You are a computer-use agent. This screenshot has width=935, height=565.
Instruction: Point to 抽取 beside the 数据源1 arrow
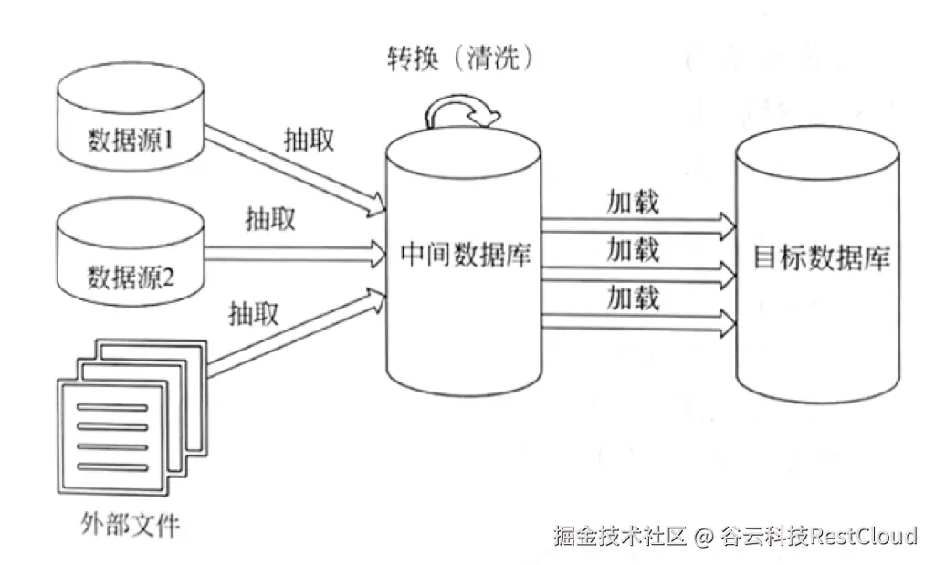point(308,139)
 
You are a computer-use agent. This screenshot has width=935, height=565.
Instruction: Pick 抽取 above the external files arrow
point(253,314)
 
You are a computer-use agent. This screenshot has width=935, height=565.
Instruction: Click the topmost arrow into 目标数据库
point(639,223)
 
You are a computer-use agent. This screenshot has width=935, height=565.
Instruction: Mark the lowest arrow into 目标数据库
point(639,319)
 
